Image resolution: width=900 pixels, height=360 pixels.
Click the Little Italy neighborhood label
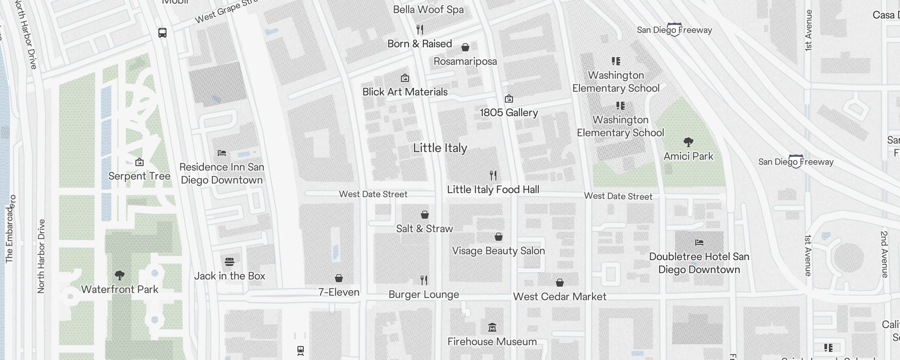point(440,148)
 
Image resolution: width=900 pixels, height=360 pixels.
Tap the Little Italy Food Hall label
point(493,189)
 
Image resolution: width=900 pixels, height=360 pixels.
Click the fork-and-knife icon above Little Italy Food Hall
point(493,175)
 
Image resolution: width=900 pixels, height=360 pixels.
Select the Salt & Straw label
point(424,229)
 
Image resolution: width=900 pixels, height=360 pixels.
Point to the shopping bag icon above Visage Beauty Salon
point(498,237)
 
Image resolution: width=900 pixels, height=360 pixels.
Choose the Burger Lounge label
point(423,295)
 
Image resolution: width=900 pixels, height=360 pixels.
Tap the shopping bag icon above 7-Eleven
point(339,278)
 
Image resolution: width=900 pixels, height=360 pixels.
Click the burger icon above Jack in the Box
point(229,261)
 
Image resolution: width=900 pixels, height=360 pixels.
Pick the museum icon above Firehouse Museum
point(492,327)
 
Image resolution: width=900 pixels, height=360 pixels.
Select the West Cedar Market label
point(559,297)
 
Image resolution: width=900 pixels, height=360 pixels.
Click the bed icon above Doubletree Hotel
point(699,242)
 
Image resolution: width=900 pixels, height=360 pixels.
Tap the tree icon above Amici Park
point(688,142)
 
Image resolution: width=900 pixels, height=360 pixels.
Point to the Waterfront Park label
point(120,289)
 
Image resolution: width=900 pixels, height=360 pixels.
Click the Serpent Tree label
point(139,176)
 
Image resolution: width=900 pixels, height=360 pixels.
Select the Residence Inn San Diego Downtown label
point(221,173)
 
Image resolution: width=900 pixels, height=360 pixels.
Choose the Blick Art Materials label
point(405,92)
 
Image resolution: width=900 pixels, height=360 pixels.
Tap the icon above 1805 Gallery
point(509,99)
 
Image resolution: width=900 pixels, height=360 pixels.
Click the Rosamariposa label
point(465,61)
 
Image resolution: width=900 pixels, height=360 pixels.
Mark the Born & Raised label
point(419,44)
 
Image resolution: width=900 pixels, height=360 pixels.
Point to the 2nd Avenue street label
point(884,254)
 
